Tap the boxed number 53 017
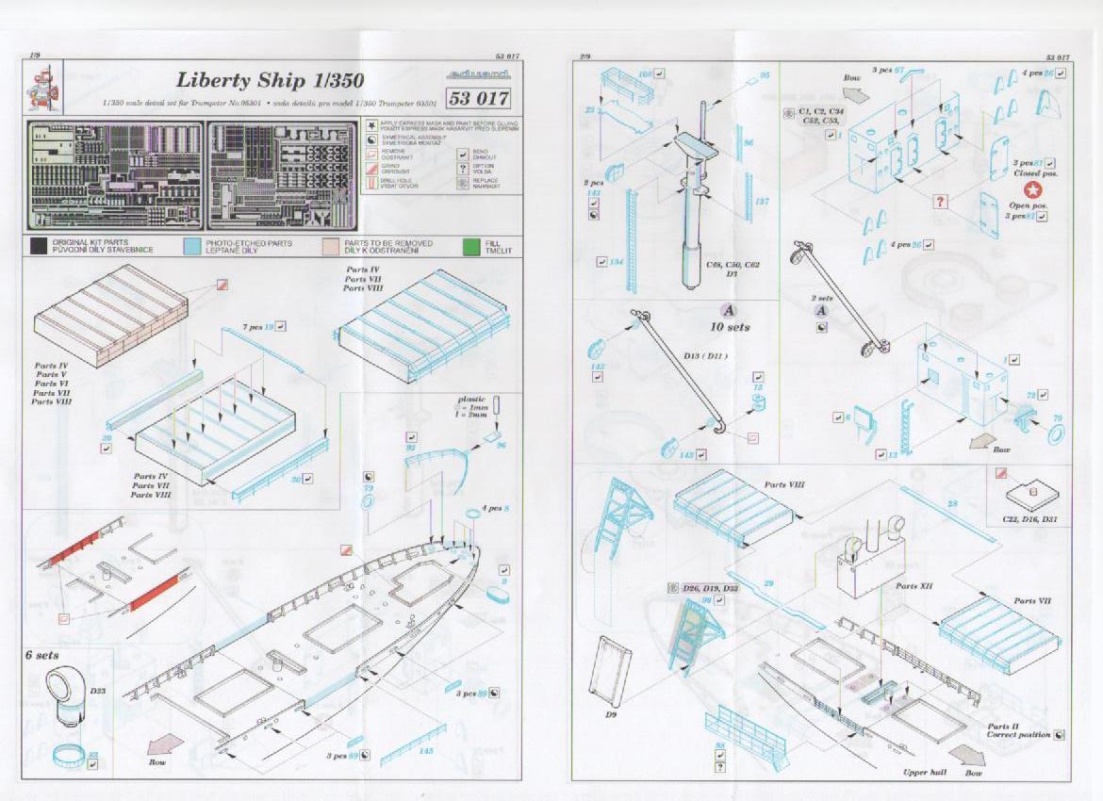[x=480, y=98]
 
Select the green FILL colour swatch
[x=470, y=247]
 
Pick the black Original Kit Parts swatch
[x=38, y=247]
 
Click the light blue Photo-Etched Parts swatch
[x=193, y=247]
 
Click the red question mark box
[x=940, y=201]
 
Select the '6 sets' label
[x=42, y=655]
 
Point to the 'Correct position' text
[x=1019, y=735]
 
